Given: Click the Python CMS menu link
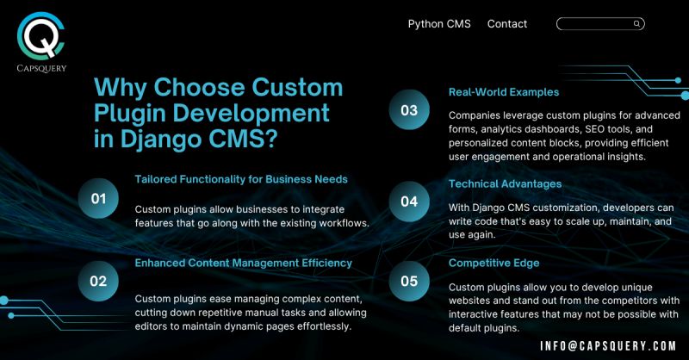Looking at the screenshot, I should click(x=439, y=24).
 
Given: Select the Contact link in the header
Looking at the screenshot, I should click(x=507, y=24).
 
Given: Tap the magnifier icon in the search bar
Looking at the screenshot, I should click(x=636, y=24).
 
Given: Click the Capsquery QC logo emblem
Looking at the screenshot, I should click(x=41, y=34).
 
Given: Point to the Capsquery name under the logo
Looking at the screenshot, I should click(x=41, y=68).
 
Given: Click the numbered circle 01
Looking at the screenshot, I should click(x=98, y=199).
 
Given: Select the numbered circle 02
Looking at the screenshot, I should click(x=98, y=280).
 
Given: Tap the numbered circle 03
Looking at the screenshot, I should click(x=409, y=110).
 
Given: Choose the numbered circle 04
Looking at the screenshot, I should click(x=409, y=201).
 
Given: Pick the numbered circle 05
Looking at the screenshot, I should click(x=409, y=281).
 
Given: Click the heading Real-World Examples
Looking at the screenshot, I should click(x=504, y=91).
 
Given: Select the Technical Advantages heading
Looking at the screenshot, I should click(x=506, y=183).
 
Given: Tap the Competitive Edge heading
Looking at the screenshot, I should click(x=494, y=263).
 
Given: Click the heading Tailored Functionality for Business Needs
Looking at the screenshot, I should click(x=241, y=179).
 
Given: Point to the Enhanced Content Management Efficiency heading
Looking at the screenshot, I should click(x=244, y=262).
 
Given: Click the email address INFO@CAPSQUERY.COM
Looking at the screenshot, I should click(x=608, y=345).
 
